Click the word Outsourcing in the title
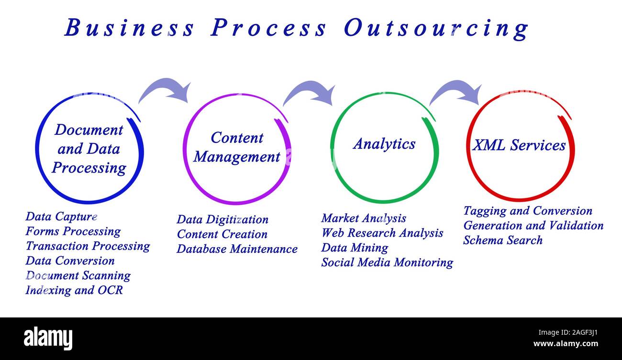435,28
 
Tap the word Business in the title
130,28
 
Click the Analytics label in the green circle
384,144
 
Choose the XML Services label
519,145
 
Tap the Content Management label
237,147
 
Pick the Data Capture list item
61,217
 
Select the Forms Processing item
73,231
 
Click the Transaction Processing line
88,246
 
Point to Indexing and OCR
74,290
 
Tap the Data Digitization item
222,219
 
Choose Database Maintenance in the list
237,249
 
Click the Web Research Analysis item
382,233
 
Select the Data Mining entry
355,248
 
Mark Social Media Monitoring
387,262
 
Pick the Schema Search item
502,240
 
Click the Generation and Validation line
533,225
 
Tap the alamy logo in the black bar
48,338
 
